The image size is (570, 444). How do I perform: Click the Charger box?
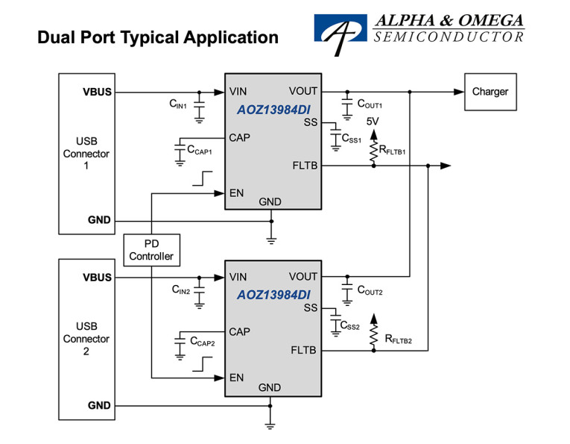pyautogui.click(x=490, y=92)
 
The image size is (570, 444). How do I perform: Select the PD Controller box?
pyautogui.click(x=151, y=250)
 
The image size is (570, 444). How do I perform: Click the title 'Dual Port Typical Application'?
pyautogui.click(x=158, y=38)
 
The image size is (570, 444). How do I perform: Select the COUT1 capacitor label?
pyautogui.click(x=370, y=104)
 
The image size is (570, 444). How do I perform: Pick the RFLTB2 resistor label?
pyautogui.click(x=398, y=340)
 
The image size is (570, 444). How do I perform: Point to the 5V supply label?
pyautogui.click(x=373, y=122)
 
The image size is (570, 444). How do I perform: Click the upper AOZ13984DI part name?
pyautogui.click(x=273, y=109)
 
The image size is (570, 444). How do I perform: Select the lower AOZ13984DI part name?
pyautogui.click(x=273, y=295)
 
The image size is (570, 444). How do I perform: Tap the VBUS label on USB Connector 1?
pyautogui.click(x=97, y=93)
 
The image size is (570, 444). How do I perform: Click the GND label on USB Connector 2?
pyautogui.click(x=99, y=406)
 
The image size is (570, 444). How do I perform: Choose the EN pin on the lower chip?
pyautogui.click(x=237, y=378)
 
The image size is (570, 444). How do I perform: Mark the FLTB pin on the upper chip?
pyautogui.click(x=305, y=166)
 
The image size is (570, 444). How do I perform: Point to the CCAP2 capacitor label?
pyautogui.click(x=203, y=343)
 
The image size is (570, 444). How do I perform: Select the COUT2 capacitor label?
pyautogui.click(x=370, y=291)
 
